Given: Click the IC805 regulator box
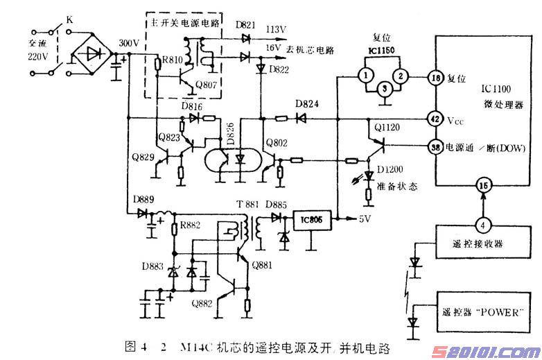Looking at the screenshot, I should tap(311, 221).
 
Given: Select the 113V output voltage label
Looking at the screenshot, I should tap(276, 29).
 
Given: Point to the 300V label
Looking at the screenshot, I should tap(130, 43).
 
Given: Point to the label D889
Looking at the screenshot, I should tap(143, 201).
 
